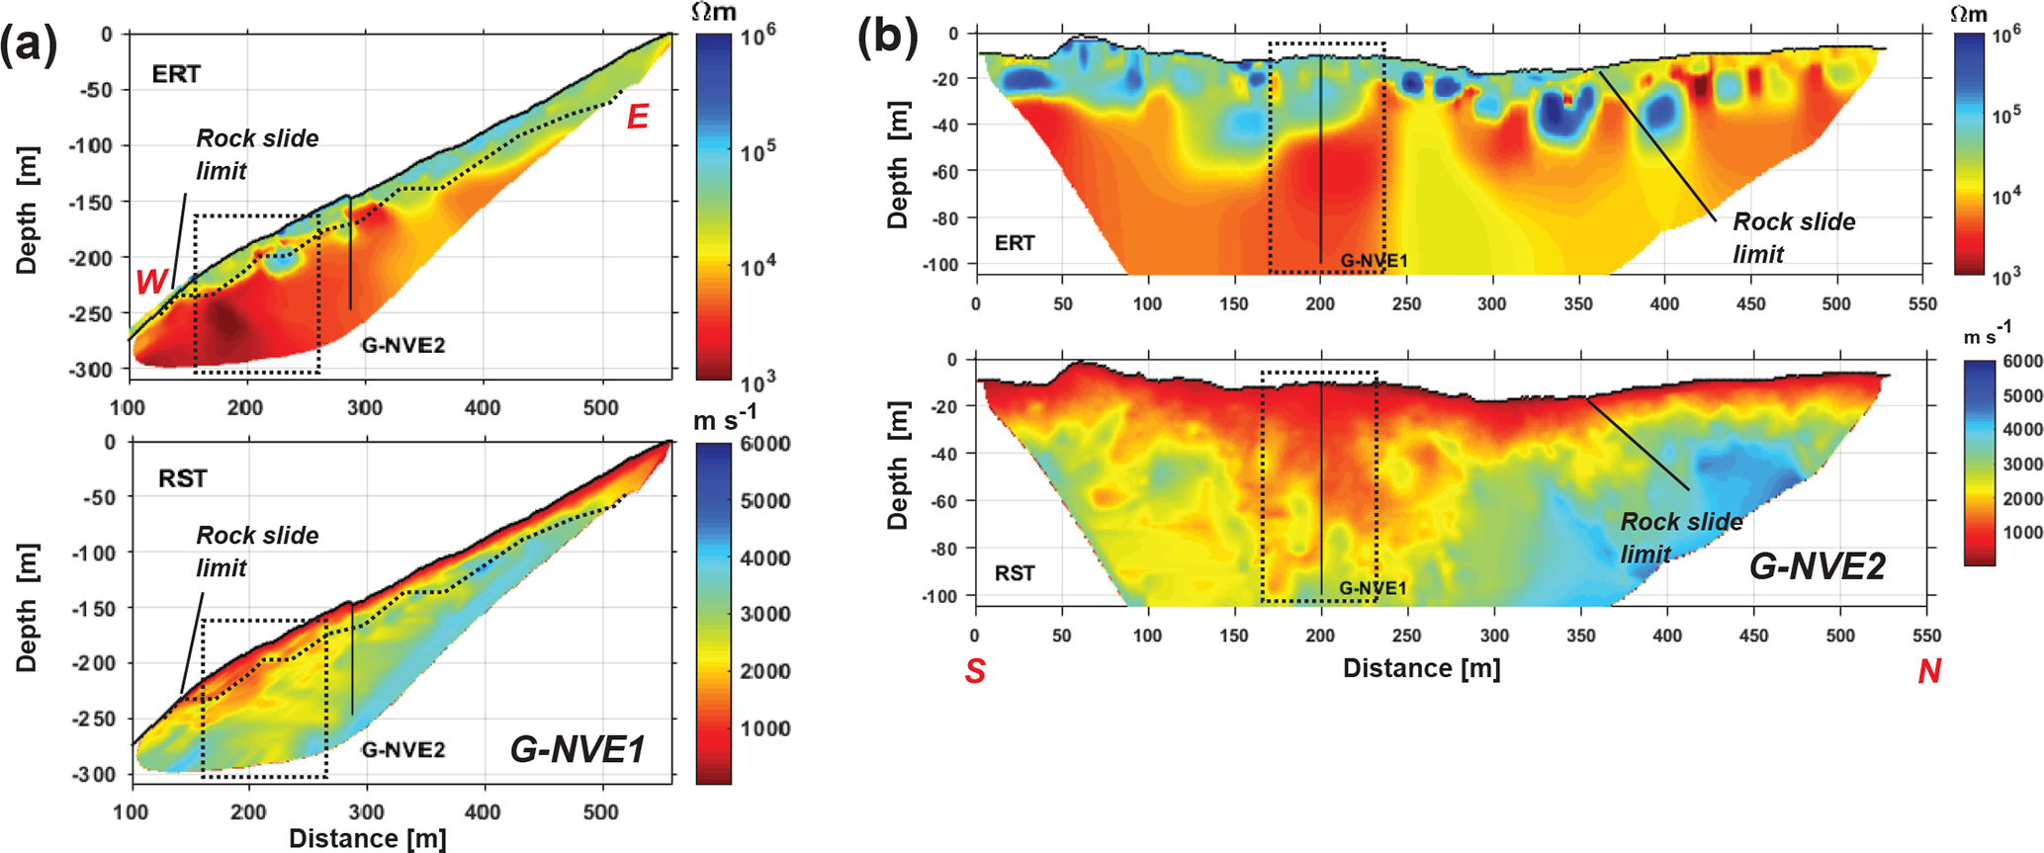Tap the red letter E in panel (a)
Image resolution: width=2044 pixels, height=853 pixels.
click(638, 118)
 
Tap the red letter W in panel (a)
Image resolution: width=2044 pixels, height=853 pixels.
click(151, 282)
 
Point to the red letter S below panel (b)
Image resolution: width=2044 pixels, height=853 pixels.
click(975, 671)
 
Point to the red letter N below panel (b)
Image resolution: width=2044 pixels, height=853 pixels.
click(1928, 671)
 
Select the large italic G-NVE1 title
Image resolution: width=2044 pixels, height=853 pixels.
click(578, 749)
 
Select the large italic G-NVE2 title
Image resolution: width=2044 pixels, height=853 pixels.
click(1818, 566)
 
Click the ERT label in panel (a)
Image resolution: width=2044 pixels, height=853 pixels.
click(176, 74)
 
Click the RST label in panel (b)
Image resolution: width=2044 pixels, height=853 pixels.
click(1015, 573)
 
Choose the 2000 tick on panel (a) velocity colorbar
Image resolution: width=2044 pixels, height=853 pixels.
click(765, 671)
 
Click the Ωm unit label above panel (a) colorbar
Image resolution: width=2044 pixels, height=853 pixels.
click(714, 12)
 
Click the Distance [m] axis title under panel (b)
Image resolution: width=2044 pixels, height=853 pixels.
click(1421, 669)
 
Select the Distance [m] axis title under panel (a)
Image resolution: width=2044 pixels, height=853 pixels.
click(368, 839)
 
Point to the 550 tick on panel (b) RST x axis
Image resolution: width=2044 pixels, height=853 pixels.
click(1926, 636)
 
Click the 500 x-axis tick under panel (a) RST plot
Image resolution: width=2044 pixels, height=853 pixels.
click(600, 811)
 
